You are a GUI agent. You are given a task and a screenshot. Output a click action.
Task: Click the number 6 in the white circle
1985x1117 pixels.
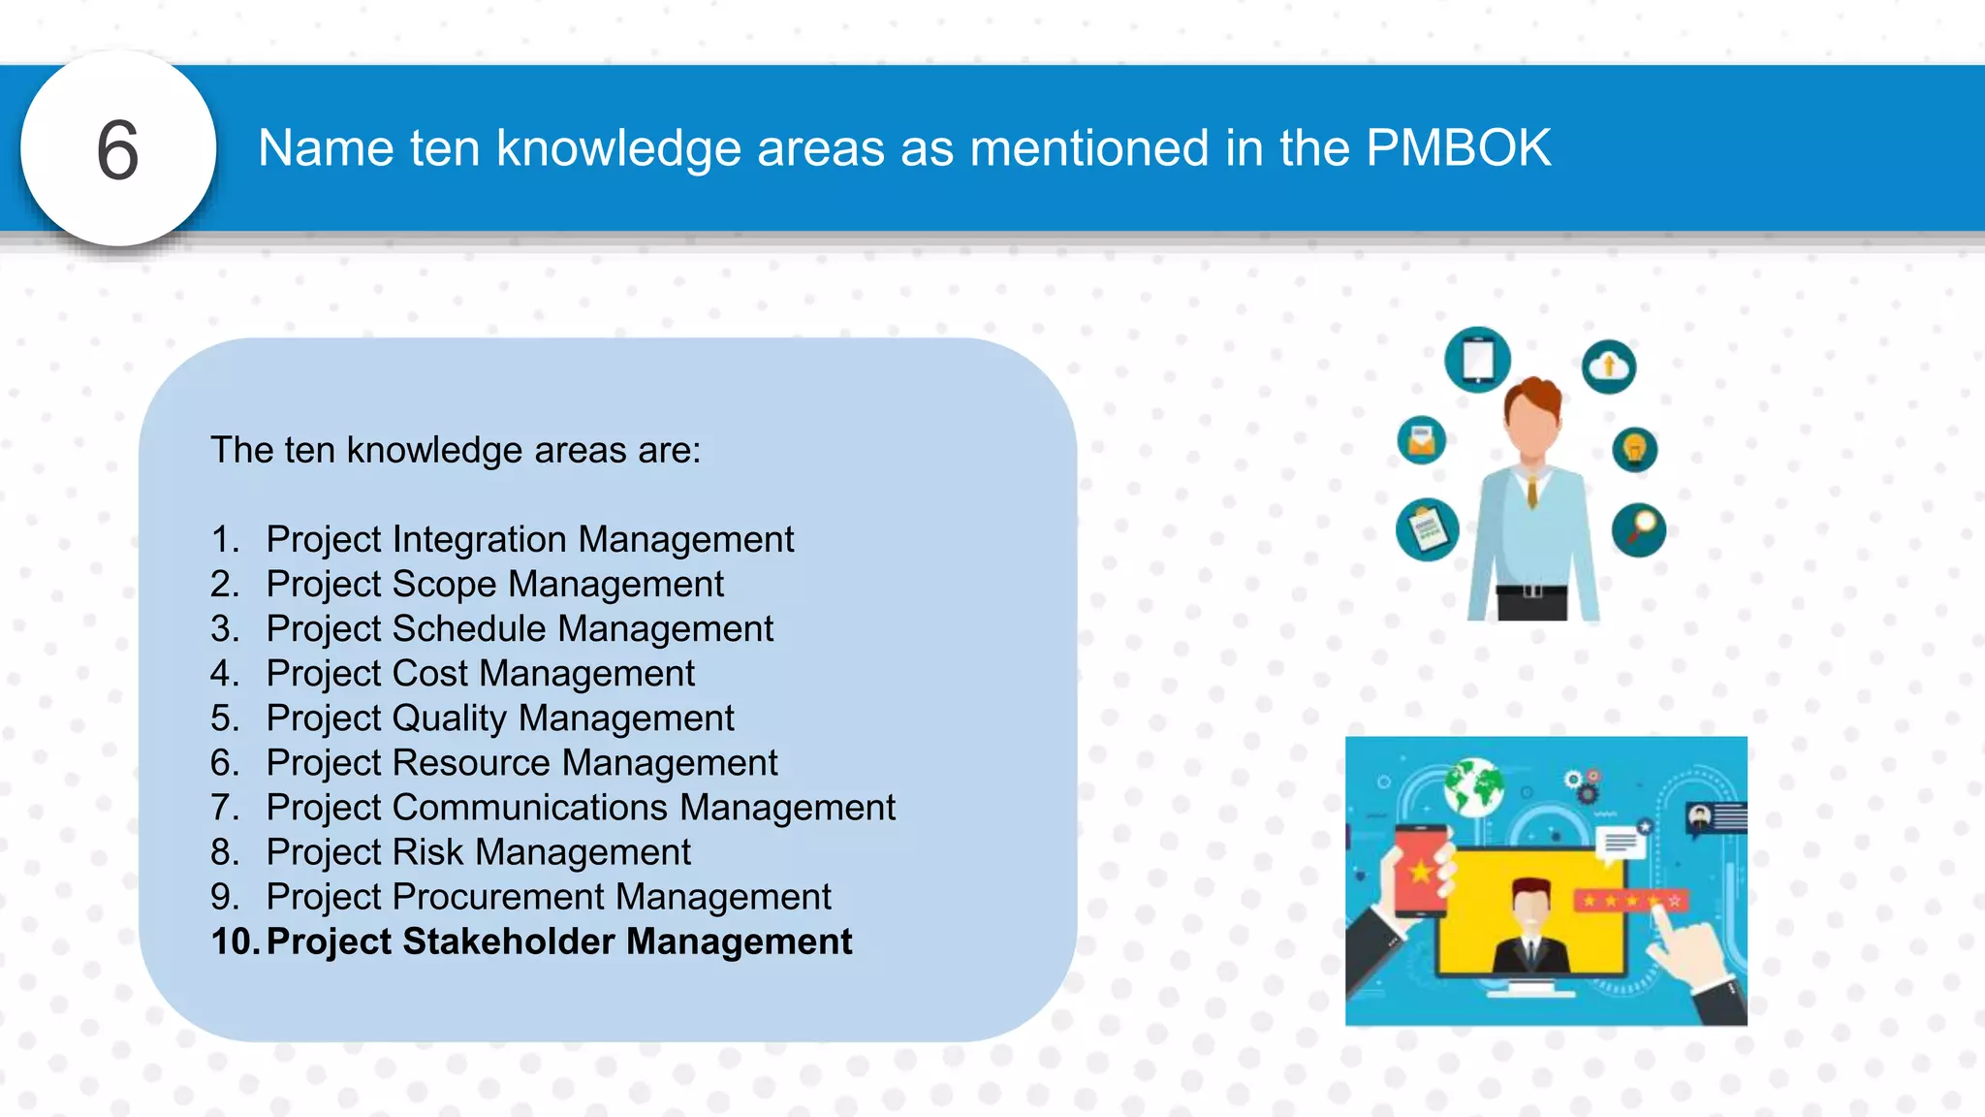coord(118,150)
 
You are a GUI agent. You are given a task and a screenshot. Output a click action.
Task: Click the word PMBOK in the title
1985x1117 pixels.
coord(1458,148)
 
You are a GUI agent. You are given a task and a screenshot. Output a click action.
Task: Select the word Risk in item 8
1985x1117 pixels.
coord(428,852)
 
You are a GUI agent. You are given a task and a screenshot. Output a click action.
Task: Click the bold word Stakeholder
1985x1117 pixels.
coord(509,941)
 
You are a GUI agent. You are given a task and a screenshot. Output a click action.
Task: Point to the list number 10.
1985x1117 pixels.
coord(233,941)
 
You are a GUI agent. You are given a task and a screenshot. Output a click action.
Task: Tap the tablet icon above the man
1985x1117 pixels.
coord(1477,360)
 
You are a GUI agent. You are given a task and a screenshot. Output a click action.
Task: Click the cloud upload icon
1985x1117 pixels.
coord(1609,367)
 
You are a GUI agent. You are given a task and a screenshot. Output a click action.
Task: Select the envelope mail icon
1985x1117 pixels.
coord(1422,441)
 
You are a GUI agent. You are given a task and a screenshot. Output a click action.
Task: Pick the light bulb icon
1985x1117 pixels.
coord(1635,449)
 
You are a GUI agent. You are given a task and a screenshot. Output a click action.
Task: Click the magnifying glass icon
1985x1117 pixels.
coord(1639,529)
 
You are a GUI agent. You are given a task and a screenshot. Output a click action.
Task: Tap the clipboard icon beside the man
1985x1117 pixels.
coord(1428,529)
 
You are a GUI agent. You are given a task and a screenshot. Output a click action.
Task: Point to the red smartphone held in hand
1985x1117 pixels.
coord(1421,869)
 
